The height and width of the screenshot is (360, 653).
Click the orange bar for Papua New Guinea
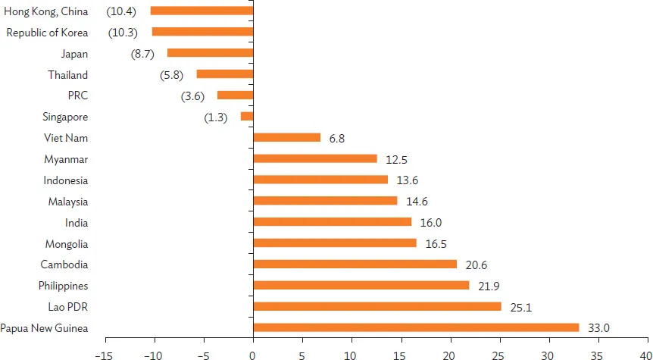click(x=416, y=327)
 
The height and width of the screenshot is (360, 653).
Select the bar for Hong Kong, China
click(x=202, y=11)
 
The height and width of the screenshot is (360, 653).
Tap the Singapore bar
click(x=247, y=117)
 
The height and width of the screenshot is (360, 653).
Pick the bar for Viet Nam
click(x=287, y=137)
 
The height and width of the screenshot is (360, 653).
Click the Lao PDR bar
click(x=377, y=306)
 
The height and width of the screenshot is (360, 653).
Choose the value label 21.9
click(x=486, y=286)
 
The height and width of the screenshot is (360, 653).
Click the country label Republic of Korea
click(x=47, y=33)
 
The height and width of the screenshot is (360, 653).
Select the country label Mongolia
click(x=66, y=244)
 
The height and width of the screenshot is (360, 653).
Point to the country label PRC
click(x=78, y=95)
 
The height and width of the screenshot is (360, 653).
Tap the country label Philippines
click(x=64, y=286)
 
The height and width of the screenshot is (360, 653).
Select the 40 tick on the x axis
click(x=645, y=353)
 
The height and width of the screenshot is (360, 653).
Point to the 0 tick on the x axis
click(x=253, y=353)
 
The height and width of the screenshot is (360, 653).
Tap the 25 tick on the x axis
click(x=499, y=353)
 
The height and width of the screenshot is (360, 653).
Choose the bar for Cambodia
click(x=355, y=264)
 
